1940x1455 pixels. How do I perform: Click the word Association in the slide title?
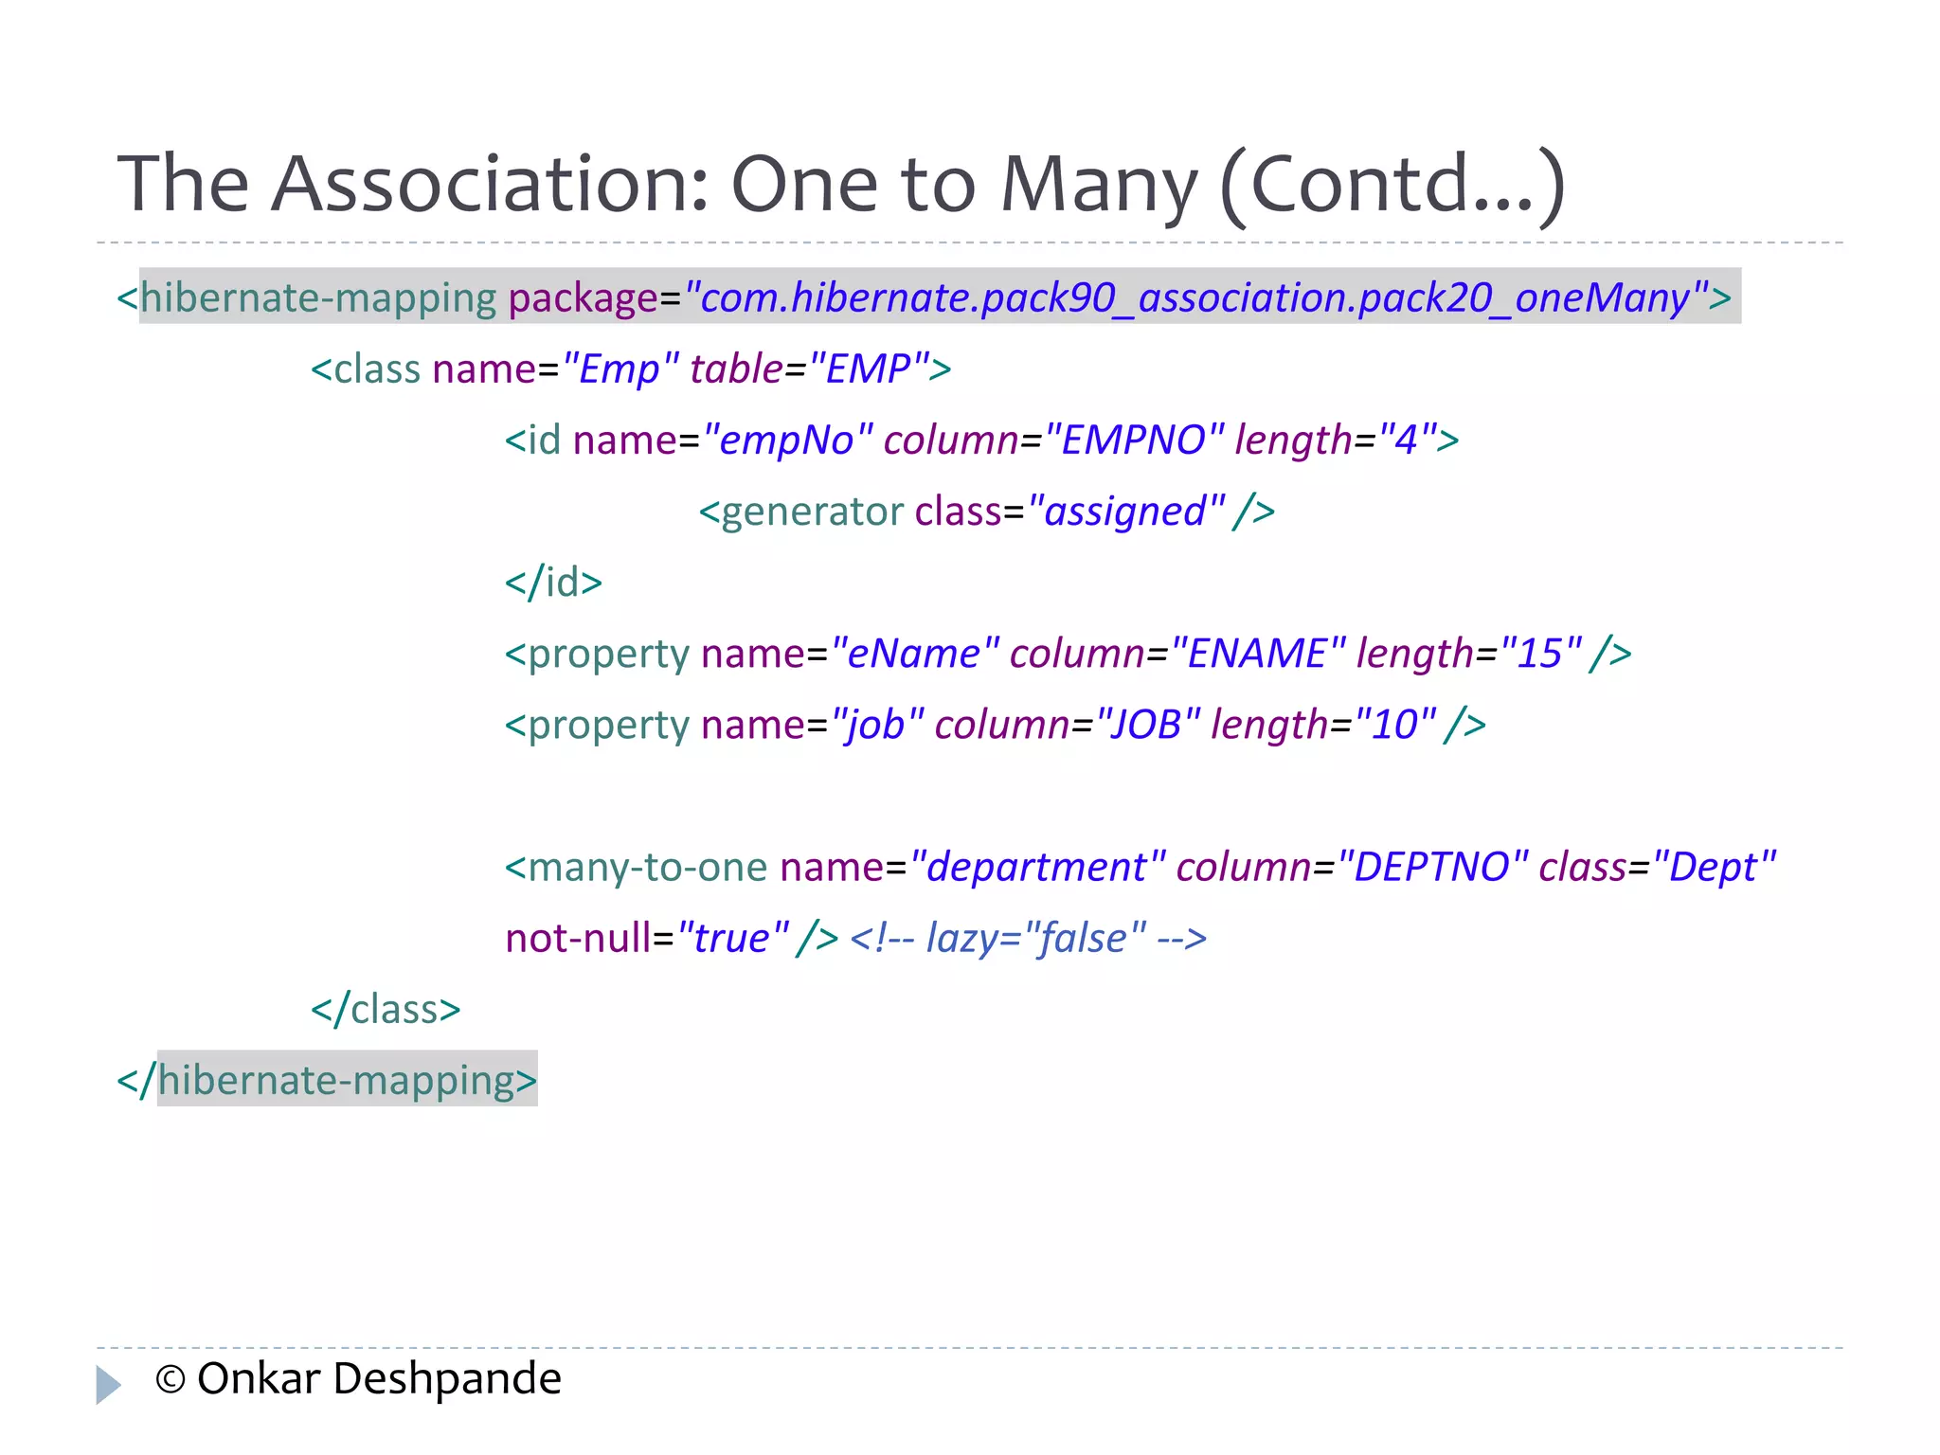490,184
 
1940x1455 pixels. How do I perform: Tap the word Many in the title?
1099,184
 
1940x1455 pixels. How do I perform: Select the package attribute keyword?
583,297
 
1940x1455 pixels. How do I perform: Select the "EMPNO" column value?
1134,440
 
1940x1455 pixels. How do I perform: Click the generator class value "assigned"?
1126,511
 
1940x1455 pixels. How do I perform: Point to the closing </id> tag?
553,582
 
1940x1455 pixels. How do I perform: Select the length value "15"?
1541,653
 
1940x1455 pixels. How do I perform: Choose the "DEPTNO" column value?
1431,866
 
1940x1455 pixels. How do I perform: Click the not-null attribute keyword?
578,937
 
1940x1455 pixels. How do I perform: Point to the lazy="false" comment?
1029,937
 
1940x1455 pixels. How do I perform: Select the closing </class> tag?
386,1008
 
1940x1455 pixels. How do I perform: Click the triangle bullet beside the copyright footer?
108,1383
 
